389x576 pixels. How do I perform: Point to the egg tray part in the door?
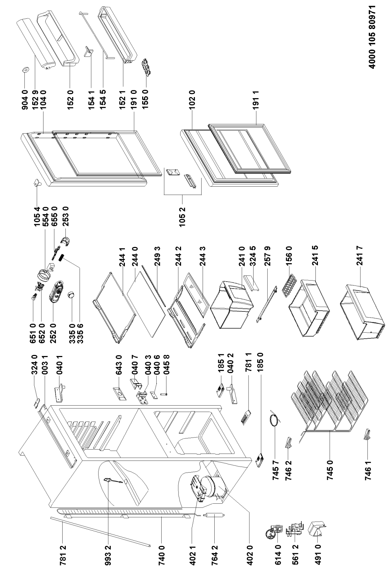point(146,67)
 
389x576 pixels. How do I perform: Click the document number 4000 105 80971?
point(376,39)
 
